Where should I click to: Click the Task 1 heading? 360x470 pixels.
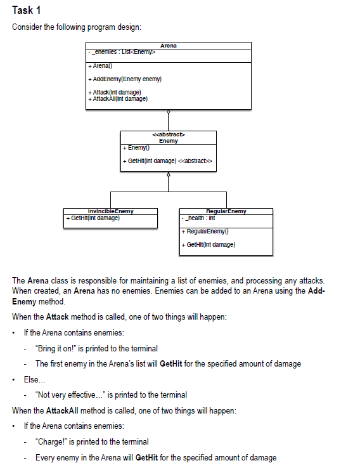tap(27, 10)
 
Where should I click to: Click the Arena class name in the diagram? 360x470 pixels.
tap(169, 46)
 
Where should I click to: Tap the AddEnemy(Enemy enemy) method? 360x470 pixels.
tap(125, 79)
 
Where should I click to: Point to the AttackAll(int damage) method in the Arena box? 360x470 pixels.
tap(118, 99)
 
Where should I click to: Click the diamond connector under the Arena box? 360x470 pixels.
tap(169, 112)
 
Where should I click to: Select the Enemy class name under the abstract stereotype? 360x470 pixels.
tap(169, 141)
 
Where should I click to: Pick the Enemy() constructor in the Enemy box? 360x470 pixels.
tap(136, 148)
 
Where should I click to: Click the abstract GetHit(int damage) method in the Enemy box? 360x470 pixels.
tap(167, 161)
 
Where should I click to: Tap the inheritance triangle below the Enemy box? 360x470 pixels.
tap(169, 174)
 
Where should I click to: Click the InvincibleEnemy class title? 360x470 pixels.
tap(110, 211)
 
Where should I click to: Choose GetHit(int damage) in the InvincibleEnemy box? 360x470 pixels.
tap(93, 218)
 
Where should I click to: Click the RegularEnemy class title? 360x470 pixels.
tap(226, 211)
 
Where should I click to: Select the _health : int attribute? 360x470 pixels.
tap(198, 218)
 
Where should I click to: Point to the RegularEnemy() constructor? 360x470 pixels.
tap(205, 232)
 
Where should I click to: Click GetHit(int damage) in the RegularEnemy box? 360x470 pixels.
tap(209, 245)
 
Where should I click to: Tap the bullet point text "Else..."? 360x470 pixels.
tap(35, 380)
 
